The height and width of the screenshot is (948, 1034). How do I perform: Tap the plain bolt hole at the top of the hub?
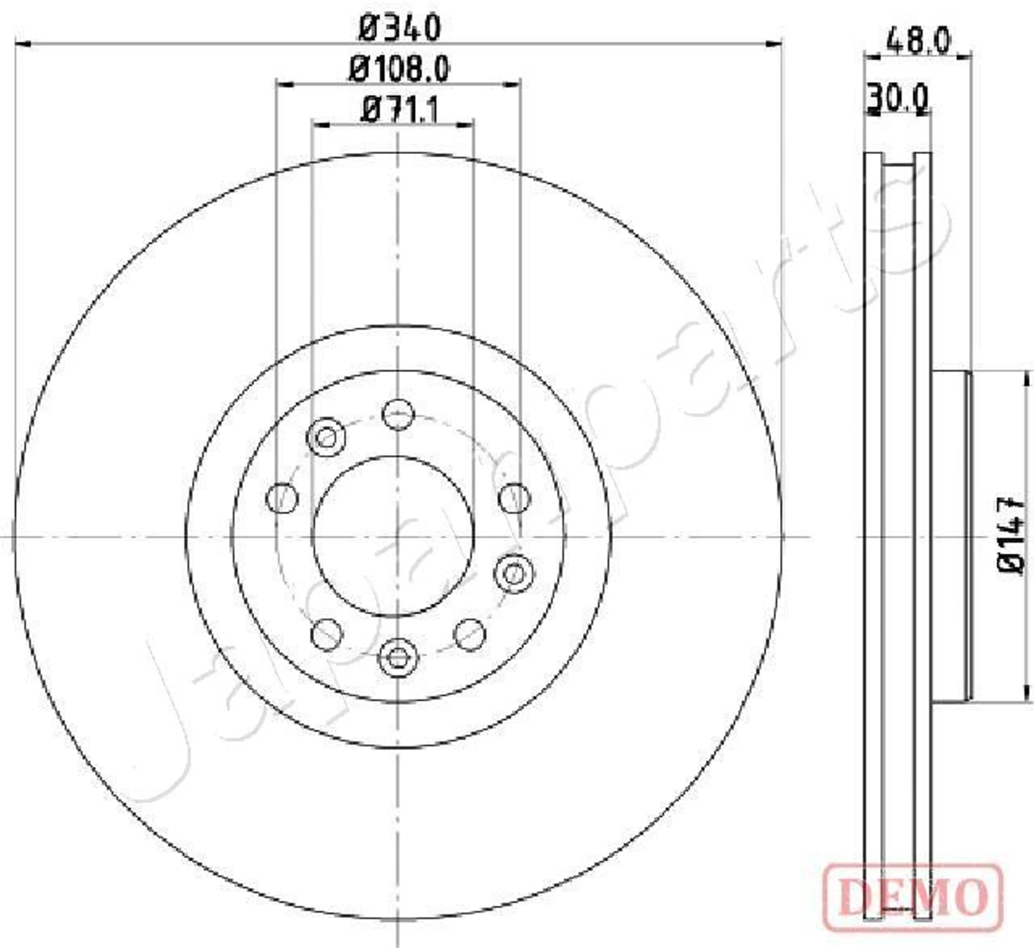[398, 415]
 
